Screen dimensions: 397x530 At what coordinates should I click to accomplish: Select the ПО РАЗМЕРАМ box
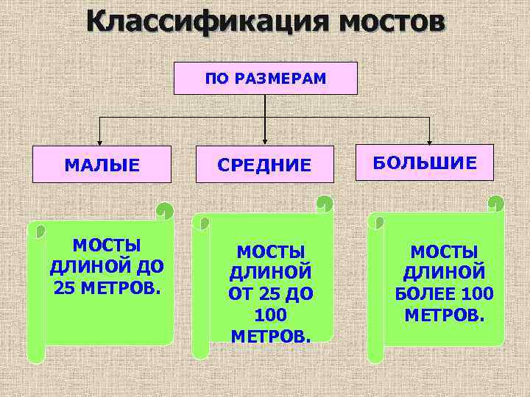coord(265,78)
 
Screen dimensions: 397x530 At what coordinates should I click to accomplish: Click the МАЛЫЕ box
coord(102,165)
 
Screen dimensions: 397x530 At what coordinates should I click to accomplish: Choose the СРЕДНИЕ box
coord(265,165)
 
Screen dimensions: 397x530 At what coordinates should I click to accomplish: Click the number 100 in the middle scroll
coord(271,315)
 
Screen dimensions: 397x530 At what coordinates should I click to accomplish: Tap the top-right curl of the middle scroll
coord(325,203)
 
